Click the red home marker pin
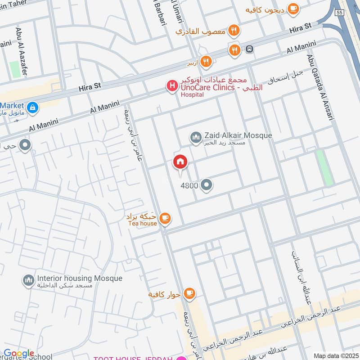[180, 162]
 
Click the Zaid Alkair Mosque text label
[238, 135]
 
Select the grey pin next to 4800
[207, 184]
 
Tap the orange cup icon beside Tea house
[166, 218]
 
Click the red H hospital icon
[171, 86]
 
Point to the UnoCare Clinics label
[208, 88]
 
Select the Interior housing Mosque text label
[80, 279]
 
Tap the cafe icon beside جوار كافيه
[189, 293]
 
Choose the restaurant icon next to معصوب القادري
[234, 31]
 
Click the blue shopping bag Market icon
[32, 108]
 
